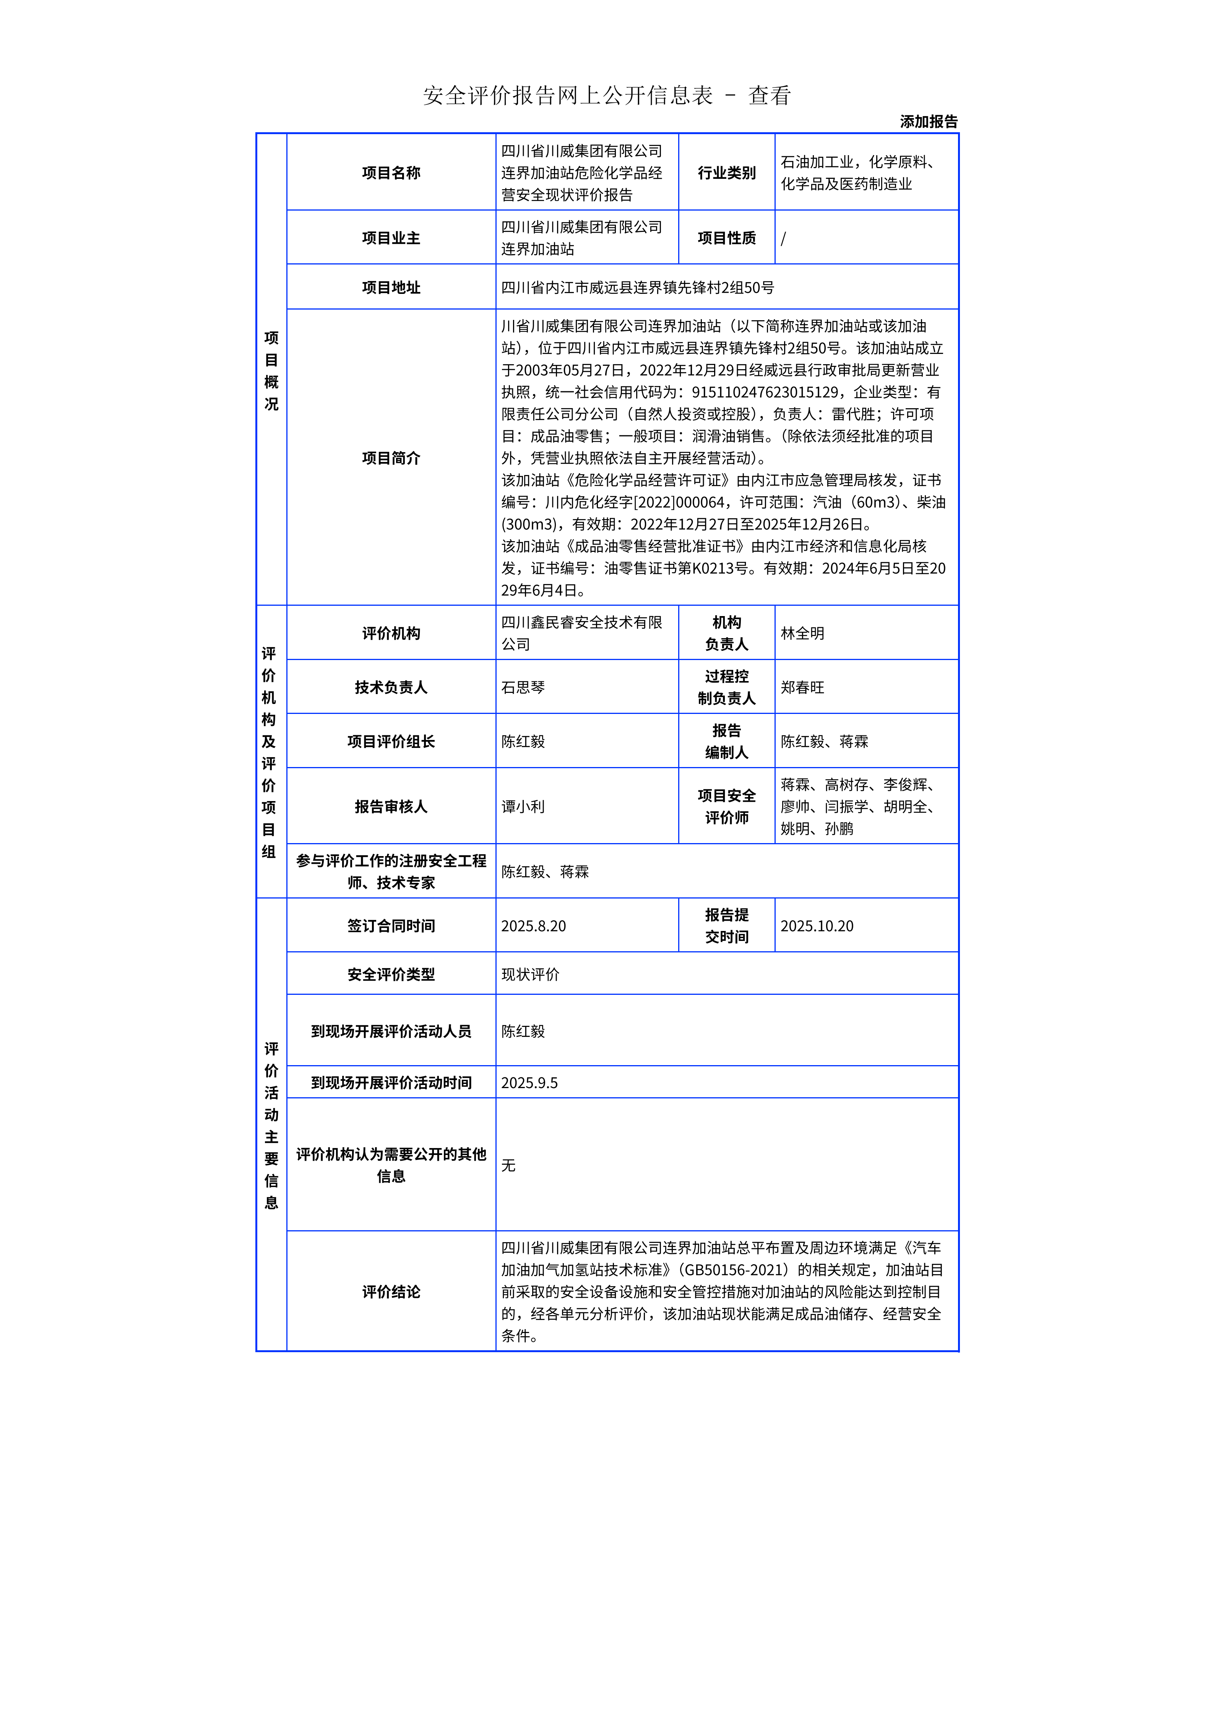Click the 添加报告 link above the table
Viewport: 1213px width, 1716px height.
point(928,122)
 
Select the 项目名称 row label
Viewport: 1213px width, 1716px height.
point(391,173)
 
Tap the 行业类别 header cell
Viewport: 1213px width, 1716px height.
point(726,173)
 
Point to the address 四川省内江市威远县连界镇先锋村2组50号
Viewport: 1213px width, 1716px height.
point(638,288)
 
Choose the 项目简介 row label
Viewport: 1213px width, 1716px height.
point(391,458)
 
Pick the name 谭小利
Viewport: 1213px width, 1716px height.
point(523,806)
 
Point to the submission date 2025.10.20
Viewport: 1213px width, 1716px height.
point(817,926)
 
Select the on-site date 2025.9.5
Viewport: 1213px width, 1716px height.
point(529,1083)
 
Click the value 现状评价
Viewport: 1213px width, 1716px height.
point(530,975)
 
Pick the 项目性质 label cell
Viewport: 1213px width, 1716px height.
point(726,238)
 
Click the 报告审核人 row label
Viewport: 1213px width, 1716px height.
point(391,806)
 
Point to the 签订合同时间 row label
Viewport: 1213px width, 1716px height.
point(391,926)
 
